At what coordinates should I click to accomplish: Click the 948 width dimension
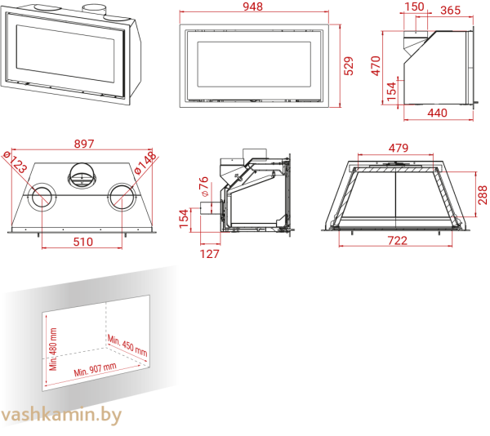tap(253, 8)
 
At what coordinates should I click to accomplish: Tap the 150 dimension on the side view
tap(415, 7)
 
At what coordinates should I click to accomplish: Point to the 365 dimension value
tap(450, 11)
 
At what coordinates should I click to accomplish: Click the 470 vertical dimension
tap(376, 65)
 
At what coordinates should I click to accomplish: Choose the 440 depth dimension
tap(437, 113)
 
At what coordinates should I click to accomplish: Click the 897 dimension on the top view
tap(84, 145)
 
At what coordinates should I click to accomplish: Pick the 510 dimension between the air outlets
tap(83, 242)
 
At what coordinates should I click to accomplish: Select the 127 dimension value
tap(210, 254)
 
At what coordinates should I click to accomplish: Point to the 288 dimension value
tap(483, 194)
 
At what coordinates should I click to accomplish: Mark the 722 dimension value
tap(397, 241)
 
